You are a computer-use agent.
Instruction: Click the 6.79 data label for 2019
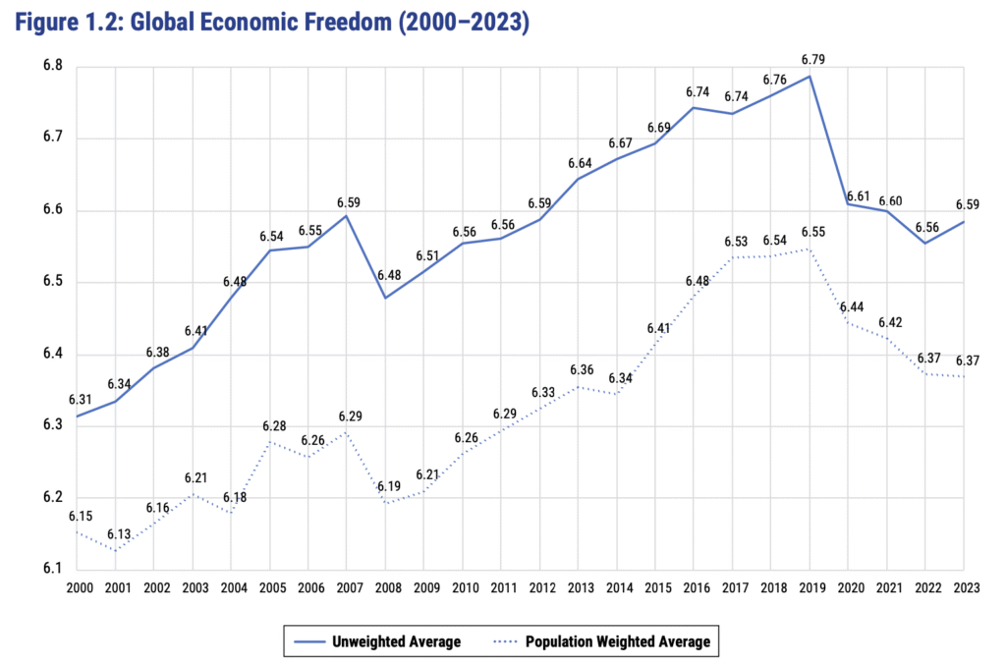tap(810, 60)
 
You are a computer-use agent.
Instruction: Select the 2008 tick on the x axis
tap(386, 586)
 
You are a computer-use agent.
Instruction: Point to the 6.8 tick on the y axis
tap(51, 66)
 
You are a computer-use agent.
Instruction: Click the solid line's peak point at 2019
tap(810, 76)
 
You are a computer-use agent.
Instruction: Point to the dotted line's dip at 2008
tap(386, 504)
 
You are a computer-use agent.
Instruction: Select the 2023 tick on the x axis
tap(964, 586)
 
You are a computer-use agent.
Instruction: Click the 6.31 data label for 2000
tap(79, 400)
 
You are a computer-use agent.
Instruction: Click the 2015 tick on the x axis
tap(656, 586)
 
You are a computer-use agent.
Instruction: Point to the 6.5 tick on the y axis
tap(51, 282)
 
